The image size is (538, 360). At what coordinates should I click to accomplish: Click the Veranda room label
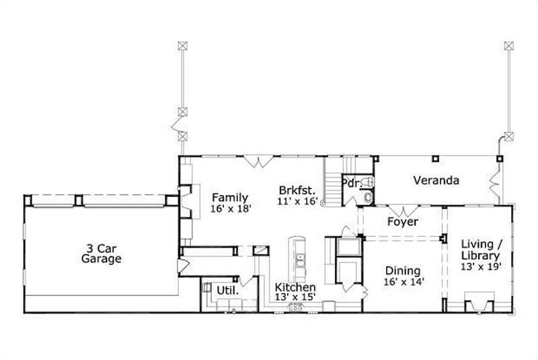(436, 180)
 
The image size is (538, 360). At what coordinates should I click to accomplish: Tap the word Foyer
(403, 221)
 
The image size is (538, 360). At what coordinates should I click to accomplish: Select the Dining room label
(403, 271)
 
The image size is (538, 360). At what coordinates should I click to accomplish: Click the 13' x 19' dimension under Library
(480, 267)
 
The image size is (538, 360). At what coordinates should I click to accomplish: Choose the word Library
(480, 256)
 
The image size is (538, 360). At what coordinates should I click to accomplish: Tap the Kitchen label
(295, 287)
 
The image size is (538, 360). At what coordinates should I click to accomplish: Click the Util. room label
(226, 290)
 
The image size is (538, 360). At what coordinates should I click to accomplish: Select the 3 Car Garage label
(102, 253)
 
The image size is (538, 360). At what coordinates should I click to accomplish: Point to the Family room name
(231, 197)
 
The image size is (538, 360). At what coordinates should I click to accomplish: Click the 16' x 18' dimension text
(231, 209)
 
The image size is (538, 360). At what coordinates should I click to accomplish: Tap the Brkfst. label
(298, 189)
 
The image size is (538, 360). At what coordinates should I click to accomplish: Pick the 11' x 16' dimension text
(298, 201)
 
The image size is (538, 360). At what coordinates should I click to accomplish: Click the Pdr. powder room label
(350, 183)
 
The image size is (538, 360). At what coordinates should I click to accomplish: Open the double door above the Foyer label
(402, 209)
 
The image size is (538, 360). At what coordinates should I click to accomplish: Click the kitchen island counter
(297, 259)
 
